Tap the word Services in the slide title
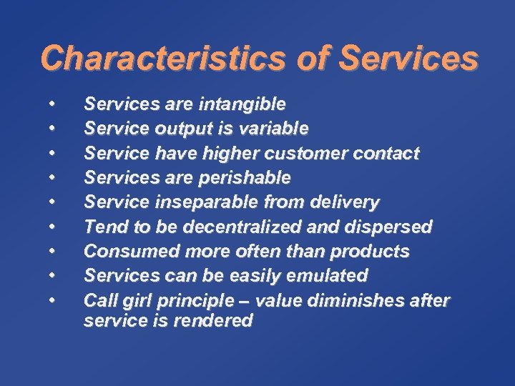[x=408, y=58]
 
